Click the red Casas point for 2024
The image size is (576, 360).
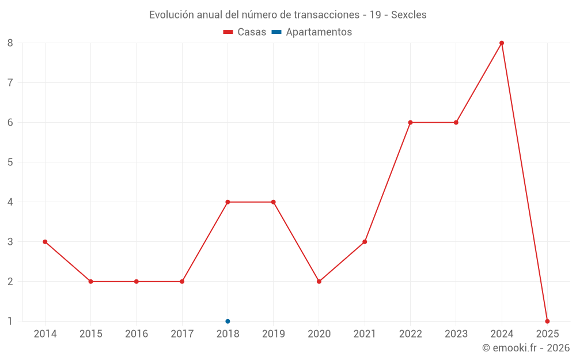[x=502, y=43]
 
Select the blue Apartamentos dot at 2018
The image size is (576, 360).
[x=228, y=321]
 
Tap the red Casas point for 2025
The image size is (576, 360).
[x=547, y=321]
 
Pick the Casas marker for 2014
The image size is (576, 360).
[x=45, y=242]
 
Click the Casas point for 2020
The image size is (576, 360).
[x=319, y=282]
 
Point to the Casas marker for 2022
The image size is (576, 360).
[x=410, y=123]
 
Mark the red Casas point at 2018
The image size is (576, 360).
[x=228, y=202]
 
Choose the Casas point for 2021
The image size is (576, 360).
[x=365, y=242]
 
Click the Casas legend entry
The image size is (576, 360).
[x=245, y=32]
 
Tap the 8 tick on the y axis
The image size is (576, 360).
[x=10, y=43]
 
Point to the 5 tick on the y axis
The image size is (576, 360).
[x=10, y=162]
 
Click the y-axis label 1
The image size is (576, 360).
[x=10, y=321]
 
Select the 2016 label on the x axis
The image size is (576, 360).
[x=137, y=334]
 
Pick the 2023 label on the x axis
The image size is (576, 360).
[x=456, y=334]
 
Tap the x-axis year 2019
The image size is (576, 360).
[x=273, y=334]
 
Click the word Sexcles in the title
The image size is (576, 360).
[x=409, y=15]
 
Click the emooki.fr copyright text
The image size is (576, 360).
[x=526, y=348]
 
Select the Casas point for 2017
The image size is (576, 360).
[x=182, y=282]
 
